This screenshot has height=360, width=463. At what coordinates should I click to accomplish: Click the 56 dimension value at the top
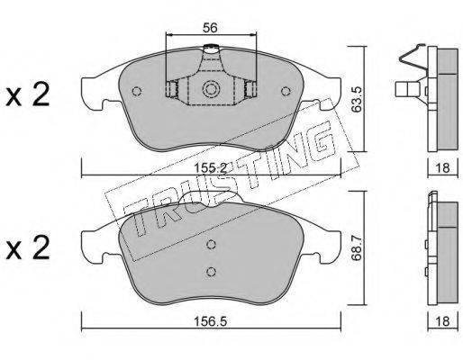pyautogui.click(x=210, y=28)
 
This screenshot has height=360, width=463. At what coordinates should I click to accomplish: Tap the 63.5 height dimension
pyautogui.click(x=357, y=99)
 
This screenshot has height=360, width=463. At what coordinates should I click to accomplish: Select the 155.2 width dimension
pyautogui.click(x=210, y=168)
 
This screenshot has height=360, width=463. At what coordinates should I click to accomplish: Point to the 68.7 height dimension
pyautogui.click(x=357, y=247)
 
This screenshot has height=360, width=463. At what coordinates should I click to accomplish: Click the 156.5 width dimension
pyautogui.click(x=210, y=321)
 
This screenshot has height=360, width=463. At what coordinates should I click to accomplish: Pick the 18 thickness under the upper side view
pyautogui.click(x=442, y=168)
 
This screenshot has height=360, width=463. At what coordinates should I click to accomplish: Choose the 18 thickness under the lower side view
pyautogui.click(x=442, y=321)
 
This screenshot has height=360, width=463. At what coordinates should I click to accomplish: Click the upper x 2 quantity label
pyautogui.click(x=28, y=95)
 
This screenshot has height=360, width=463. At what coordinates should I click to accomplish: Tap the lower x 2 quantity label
pyautogui.click(x=28, y=247)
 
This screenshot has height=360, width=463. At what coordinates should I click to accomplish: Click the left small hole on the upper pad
pyautogui.click(x=137, y=91)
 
